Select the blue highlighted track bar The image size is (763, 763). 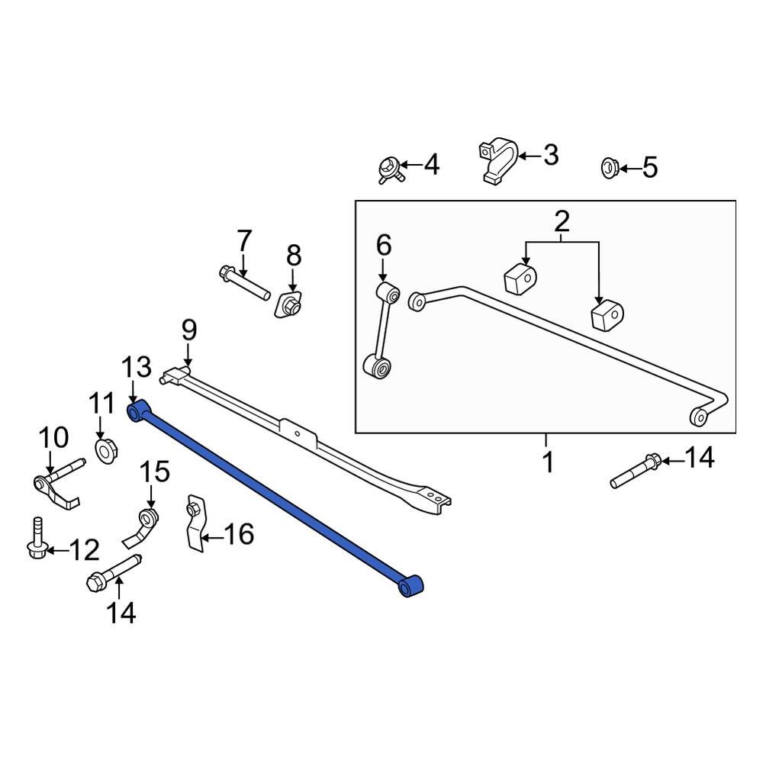tap(275, 500)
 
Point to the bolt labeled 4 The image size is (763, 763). tap(390, 167)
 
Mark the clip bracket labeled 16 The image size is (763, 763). tap(195, 524)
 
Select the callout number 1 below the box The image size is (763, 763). tap(546, 462)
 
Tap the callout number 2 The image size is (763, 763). tap(562, 222)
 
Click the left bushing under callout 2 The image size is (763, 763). tap(520, 278)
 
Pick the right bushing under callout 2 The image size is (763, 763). tap(608, 315)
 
